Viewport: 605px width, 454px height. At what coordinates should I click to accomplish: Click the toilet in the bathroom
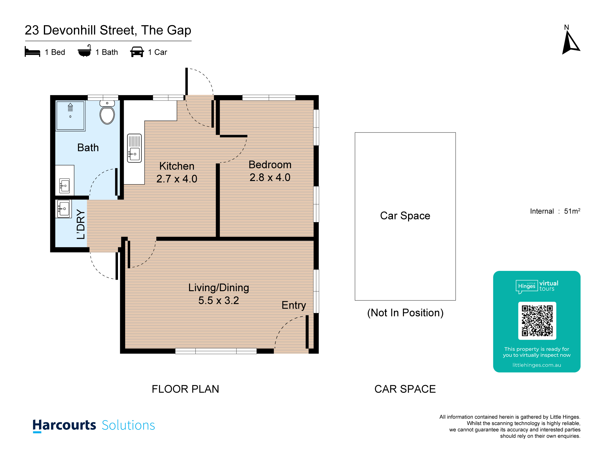(x=107, y=113)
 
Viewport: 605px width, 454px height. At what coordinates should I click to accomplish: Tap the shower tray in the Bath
(x=70, y=116)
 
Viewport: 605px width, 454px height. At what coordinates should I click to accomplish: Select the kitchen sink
(x=134, y=148)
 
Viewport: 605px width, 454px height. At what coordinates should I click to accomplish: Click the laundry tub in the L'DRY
(x=64, y=209)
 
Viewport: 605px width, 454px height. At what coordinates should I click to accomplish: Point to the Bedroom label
(x=270, y=165)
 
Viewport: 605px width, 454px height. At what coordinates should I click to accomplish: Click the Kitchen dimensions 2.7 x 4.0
(x=177, y=179)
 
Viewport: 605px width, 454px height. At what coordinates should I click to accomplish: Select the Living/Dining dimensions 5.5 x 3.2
(x=219, y=301)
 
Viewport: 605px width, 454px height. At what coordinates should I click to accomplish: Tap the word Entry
(x=294, y=305)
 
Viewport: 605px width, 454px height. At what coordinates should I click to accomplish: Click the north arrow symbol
(x=571, y=43)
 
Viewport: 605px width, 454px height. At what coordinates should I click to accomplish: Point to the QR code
(x=537, y=321)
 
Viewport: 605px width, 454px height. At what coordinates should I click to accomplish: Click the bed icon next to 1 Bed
(x=32, y=52)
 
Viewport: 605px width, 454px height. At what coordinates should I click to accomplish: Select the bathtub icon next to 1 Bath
(x=84, y=51)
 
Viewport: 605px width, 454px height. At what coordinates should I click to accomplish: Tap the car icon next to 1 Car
(x=137, y=52)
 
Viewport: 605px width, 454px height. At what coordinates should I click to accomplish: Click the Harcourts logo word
(x=64, y=425)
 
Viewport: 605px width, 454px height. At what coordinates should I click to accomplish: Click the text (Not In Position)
(x=405, y=313)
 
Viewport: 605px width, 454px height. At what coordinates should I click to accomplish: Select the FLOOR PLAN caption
(x=185, y=389)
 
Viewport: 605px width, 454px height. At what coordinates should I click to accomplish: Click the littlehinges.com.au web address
(x=537, y=365)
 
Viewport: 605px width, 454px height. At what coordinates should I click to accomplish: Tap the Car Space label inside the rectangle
(x=405, y=216)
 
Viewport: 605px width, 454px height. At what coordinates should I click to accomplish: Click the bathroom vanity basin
(x=64, y=186)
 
